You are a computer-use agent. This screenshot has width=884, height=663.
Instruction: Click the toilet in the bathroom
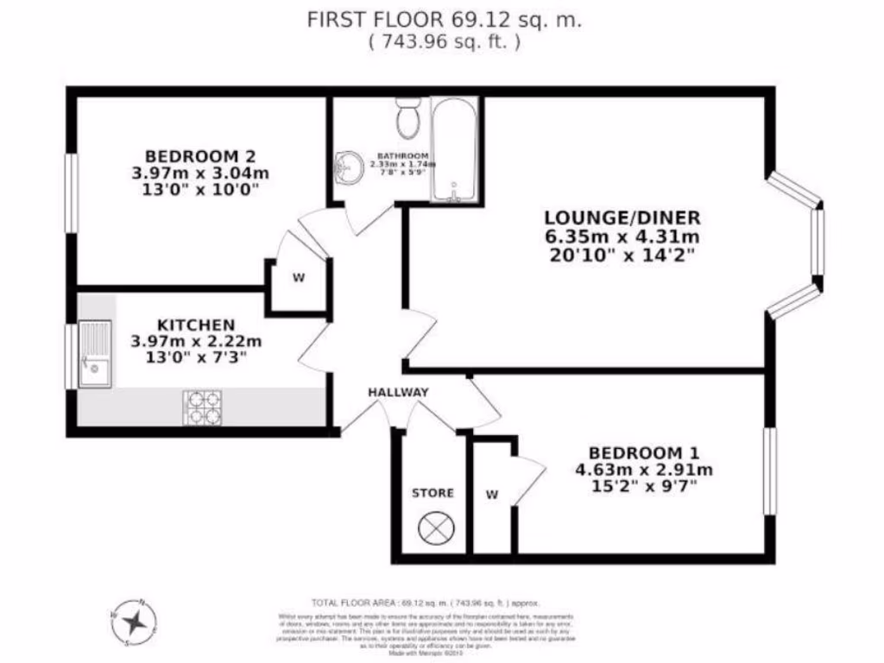point(407,116)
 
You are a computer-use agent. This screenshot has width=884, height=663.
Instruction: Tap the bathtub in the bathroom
point(454,151)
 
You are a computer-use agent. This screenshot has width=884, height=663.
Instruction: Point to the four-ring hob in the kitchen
point(202,407)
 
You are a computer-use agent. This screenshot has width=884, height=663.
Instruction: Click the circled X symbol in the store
point(432,527)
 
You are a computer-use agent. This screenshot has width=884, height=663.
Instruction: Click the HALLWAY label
point(398,393)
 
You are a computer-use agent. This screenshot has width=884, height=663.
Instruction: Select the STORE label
point(433,493)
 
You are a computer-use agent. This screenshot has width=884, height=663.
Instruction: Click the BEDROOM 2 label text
point(200,156)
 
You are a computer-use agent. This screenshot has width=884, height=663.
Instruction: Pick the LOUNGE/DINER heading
point(622,218)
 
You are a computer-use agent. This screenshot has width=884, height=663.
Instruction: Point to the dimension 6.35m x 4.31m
point(622,237)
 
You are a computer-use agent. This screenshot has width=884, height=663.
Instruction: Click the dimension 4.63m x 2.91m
point(643,470)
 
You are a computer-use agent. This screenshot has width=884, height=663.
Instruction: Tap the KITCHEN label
point(195,325)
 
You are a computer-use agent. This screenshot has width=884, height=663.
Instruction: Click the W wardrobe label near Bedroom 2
point(299,278)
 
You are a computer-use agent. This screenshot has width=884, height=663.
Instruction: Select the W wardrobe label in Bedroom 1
point(491,495)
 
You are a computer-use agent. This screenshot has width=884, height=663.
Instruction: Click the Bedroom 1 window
point(769,471)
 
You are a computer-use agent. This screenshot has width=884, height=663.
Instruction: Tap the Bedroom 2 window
point(73,193)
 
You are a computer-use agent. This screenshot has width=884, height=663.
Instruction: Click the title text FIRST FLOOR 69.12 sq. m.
point(445,20)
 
